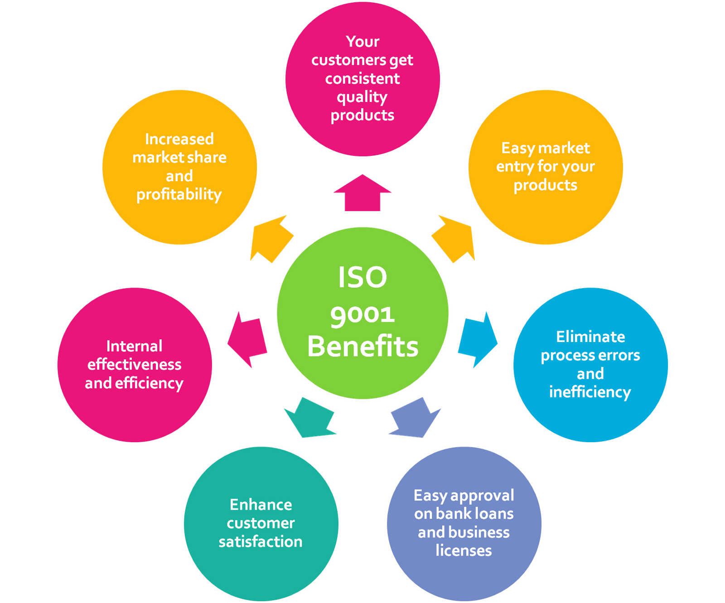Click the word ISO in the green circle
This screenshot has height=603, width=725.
pos(362,277)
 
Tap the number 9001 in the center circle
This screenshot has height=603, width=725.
pos(362,314)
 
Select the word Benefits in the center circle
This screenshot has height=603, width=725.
pos(362,347)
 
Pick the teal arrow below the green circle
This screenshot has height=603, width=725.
pos(311,418)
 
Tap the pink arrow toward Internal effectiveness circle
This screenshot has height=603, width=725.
pos(247,339)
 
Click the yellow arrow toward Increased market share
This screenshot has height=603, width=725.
pos(271,238)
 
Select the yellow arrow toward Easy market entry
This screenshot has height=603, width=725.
pos(454,238)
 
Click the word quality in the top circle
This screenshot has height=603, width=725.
pos(362,97)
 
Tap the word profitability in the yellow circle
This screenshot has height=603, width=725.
pos(179,195)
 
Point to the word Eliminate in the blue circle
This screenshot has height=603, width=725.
pos(590,337)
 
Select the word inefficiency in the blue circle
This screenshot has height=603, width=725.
pos(590,392)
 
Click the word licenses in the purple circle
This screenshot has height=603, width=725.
pos(464,550)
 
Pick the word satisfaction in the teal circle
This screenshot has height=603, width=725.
pos(261,541)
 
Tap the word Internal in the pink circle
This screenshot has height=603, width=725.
pos(134,346)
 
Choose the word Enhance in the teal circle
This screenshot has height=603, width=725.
pos(261,505)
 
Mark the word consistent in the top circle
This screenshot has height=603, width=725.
pos(362,79)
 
